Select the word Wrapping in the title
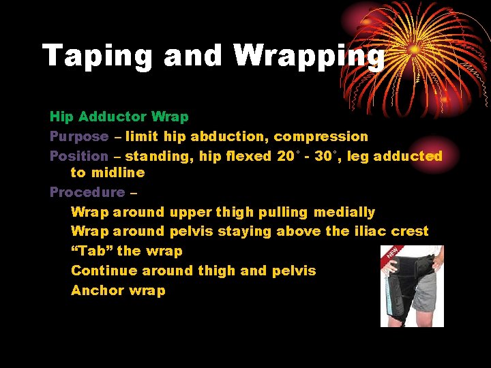[310, 55]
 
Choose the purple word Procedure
[87, 192]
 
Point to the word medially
[344, 212]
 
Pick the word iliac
[370, 231]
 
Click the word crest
[410, 231]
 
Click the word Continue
[104, 271]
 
